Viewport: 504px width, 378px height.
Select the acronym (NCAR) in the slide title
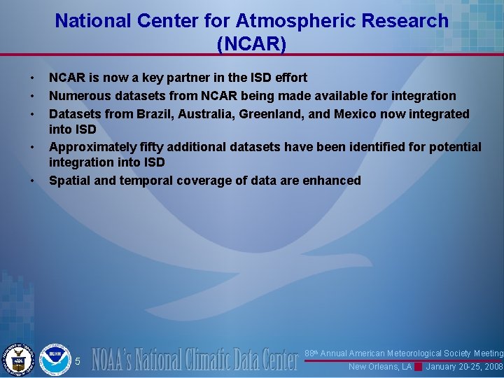click(252, 45)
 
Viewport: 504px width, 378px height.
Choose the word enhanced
click(332, 181)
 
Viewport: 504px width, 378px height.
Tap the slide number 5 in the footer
click(78, 361)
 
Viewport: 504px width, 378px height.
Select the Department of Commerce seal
click(18, 359)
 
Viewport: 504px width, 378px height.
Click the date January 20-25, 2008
click(464, 367)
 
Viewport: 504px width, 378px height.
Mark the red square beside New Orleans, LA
click(418, 367)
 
